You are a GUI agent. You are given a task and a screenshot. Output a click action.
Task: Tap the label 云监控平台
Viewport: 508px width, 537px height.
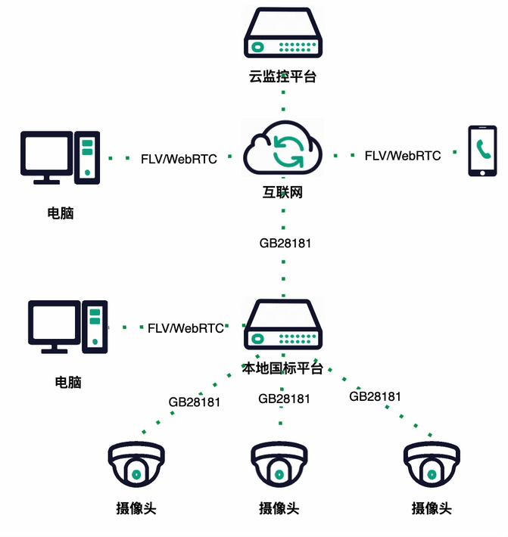282,76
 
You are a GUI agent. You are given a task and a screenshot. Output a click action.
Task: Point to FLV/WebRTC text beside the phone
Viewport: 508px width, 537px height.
403,156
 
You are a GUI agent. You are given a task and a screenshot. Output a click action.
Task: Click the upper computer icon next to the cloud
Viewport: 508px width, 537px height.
61,157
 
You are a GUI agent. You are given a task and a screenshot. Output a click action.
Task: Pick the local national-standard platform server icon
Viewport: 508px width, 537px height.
282,326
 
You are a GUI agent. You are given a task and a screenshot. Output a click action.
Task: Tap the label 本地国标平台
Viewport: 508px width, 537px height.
282,368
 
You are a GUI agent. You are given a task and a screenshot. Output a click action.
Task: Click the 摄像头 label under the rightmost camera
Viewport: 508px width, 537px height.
432,508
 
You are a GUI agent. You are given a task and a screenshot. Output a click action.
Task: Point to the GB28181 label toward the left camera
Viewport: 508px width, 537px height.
195,402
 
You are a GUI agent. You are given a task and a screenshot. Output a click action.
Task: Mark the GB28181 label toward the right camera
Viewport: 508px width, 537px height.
375,396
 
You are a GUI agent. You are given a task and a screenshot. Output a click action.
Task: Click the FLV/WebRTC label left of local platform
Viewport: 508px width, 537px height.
185,328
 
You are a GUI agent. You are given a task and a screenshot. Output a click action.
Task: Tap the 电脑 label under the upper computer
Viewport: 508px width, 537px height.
61,213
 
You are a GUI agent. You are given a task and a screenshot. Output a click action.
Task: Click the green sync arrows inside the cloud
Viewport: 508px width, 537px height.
288,149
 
